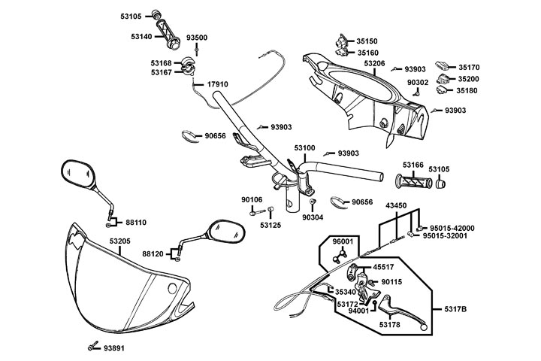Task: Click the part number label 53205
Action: tap(120, 241)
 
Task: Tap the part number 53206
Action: tap(375, 64)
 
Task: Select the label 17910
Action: tap(217, 84)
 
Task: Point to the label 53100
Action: tap(305, 149)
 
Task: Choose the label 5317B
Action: tap(455, 308)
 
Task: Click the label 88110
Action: tap(136, 223)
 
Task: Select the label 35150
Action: tap(367, 41)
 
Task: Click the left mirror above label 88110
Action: tap(82, 176)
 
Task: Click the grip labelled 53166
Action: tap(413, 182)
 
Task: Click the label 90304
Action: tap(313, 217)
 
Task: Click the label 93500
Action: tap(197, 38)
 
